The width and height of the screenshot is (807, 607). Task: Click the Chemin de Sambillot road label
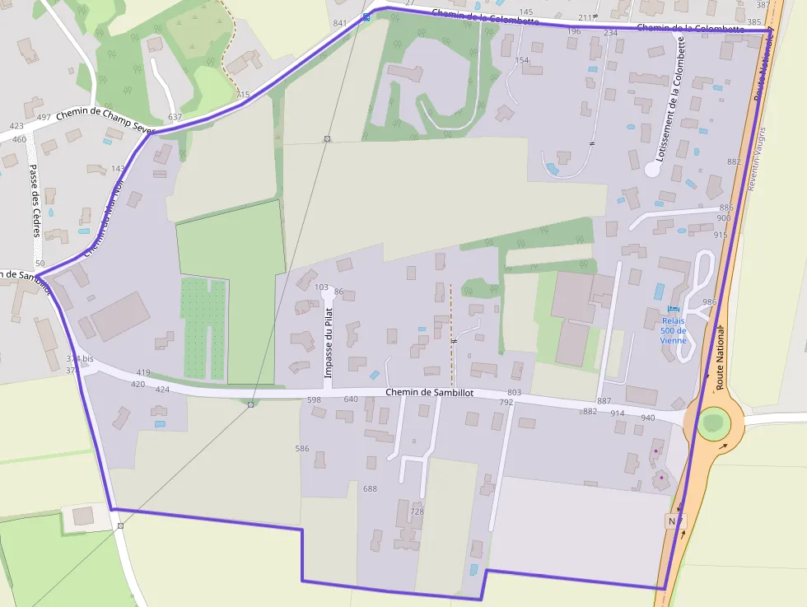coord(429,393)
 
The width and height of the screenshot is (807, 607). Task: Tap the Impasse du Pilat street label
coord(328,343)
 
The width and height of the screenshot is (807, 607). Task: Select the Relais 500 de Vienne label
coord(673,330)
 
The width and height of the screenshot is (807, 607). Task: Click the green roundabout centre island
coord(713,423)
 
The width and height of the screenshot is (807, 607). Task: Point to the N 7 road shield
coord(674,521)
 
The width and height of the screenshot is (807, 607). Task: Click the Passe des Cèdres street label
coord(35,201)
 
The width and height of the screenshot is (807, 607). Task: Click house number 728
coord(417,511)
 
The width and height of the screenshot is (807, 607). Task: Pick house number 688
coord(370,488)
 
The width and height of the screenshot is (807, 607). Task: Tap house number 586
coord(302,449)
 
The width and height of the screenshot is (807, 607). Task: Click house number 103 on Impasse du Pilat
coord(321,287)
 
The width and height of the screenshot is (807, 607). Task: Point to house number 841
coord(340,23)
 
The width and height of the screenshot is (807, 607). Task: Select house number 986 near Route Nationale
coord(710,302)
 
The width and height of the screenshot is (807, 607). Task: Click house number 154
coord(521,60)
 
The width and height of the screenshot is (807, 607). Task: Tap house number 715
coord(242,96)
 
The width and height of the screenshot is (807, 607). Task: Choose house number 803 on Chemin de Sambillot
coord(515,392)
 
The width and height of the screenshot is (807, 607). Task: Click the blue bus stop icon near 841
coord(366,16)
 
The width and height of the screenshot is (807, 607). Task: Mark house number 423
coord(16,126)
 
